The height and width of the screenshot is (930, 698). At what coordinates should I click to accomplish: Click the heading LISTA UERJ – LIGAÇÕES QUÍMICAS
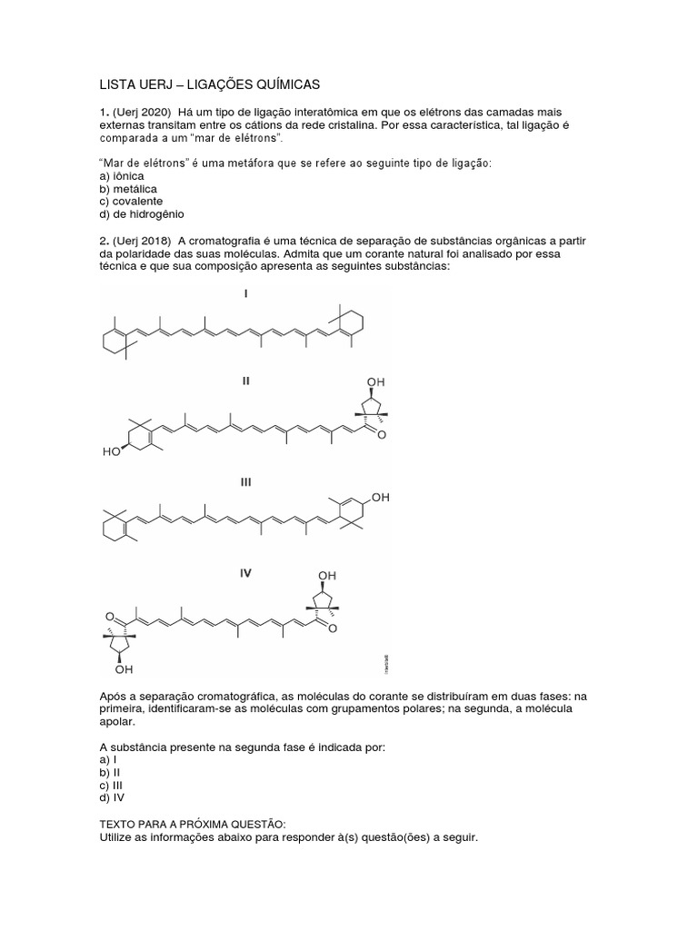(209, 84)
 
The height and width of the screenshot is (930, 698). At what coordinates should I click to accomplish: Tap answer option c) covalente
(132, 202)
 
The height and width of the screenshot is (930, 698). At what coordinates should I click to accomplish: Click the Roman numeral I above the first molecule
(245, 294)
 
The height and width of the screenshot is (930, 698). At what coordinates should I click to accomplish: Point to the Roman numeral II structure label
(245, 382)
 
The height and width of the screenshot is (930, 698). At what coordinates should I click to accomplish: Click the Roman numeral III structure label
(245, 482)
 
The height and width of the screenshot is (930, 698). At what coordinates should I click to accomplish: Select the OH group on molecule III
(380, 498)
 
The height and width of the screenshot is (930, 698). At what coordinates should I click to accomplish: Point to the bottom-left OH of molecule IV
(124, 670)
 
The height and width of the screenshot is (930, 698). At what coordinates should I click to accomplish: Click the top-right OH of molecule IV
(327, 576)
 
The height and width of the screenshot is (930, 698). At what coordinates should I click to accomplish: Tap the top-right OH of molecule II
(375, 382)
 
